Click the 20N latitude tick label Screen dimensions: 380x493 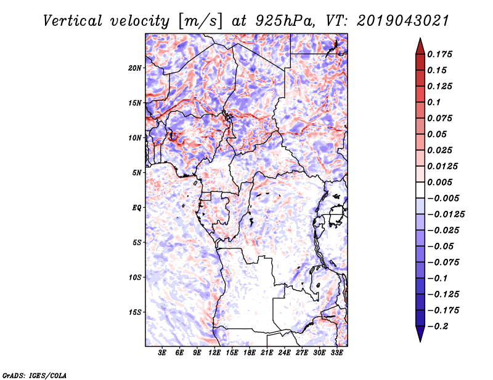click(136, 68)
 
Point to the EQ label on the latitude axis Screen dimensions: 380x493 click(137, 208)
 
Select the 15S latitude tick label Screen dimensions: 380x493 click(136, 312)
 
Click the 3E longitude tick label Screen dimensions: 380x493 click(163, 354)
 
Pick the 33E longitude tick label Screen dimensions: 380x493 click(336, 354)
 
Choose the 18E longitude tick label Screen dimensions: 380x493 click(250, 354)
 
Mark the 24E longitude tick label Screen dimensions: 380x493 click(284, 354)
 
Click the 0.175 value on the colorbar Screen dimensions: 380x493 click(441, 54)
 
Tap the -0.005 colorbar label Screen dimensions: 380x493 click(442, 198)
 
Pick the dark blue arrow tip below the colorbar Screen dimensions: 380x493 click(419, 336)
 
